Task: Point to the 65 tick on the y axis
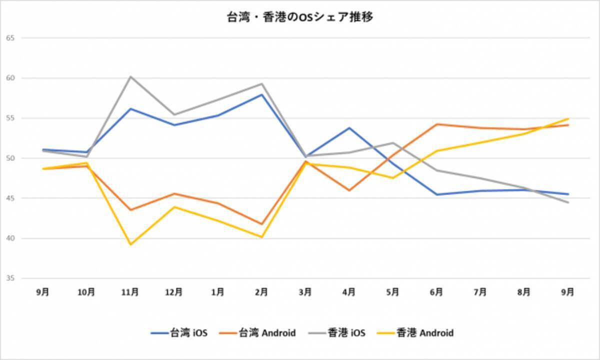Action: pos(10,38)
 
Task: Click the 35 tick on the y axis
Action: pos(10,278)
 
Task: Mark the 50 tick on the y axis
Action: pos(10,158)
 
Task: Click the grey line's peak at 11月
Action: pos(130,76)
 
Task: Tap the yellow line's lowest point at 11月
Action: pos(130,244)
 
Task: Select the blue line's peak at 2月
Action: pos(261,94)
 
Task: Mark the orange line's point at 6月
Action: pos(436,124)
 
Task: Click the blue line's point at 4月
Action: pos(349,128)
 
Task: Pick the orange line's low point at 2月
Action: pos(261,224)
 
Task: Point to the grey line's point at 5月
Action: pos(393,143)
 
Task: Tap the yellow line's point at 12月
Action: pos(174,207)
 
